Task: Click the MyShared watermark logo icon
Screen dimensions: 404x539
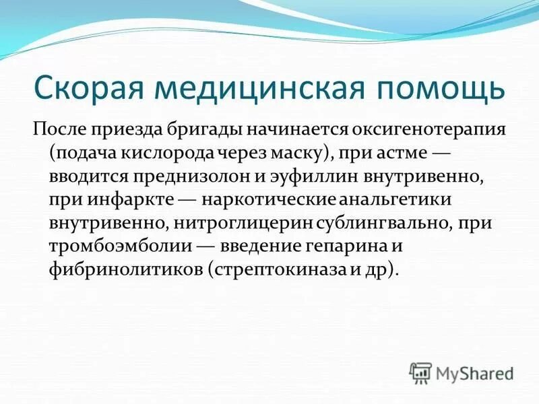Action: (420, 372)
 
